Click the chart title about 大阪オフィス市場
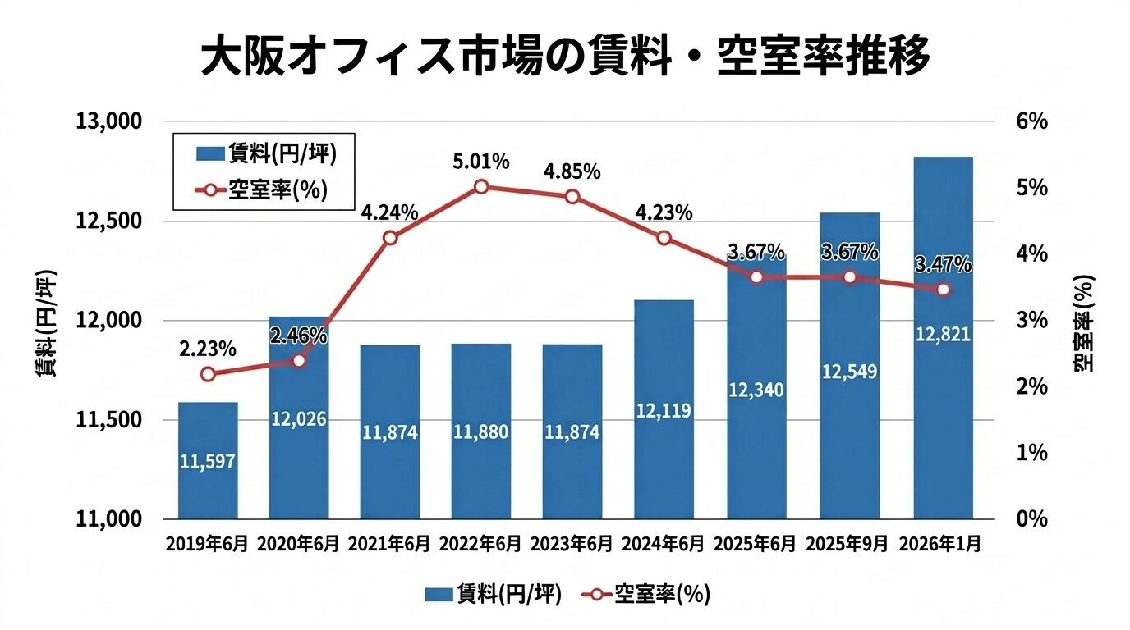tap(565, 56)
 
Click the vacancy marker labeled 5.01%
tap(482, 187)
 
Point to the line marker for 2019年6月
tap(208, 374)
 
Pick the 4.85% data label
tap(572, 173)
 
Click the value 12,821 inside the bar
tap(943, 334)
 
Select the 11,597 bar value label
tap(208, 462)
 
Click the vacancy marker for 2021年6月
tap(390, 238)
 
